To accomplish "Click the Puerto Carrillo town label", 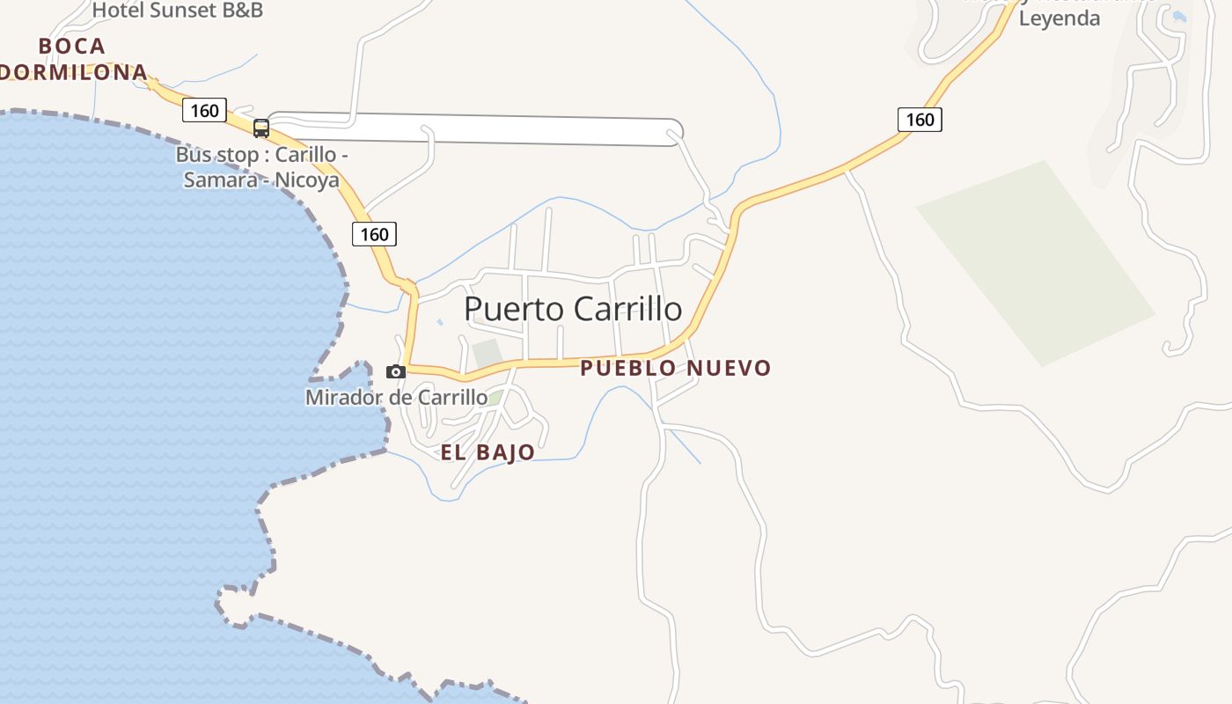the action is (x=572, y=309).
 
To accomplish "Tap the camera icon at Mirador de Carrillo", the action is (x=396, y=371).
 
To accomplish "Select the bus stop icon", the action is (x=261, y=128).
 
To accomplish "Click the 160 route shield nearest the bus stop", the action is (x=204, y=110).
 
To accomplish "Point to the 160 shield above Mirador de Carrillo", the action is (x=374, y=234).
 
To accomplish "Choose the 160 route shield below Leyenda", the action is (x=920, y=119).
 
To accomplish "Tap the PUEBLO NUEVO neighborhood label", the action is (x=675, y=368).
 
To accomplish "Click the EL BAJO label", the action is (x=488, y=452).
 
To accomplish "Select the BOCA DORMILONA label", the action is (x=72, y=59).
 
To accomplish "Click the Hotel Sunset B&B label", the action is (x=177, y=11).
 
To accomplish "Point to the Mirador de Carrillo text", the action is (x=396, y=397).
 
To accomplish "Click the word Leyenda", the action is (x=1059, y=18).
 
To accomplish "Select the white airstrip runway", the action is (x=475, y=128).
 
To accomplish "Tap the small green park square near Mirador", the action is (x=487, y=353).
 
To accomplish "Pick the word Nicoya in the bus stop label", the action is (x=309, y=180).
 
